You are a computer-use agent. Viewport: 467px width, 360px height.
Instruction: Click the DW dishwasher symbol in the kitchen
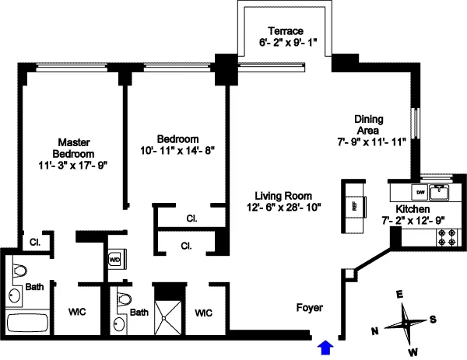[420, 190]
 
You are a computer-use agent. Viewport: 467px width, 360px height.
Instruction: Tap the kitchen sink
[441, 190]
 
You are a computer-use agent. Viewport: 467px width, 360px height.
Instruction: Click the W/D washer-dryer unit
[115, 259]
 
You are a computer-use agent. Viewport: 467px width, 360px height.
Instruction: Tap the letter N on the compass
[375, 331]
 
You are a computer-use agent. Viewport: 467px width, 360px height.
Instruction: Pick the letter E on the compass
[399, 295]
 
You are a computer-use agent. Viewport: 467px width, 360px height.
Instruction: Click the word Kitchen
[412, 208]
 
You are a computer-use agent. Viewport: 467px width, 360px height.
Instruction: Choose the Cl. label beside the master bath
[35, 242]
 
